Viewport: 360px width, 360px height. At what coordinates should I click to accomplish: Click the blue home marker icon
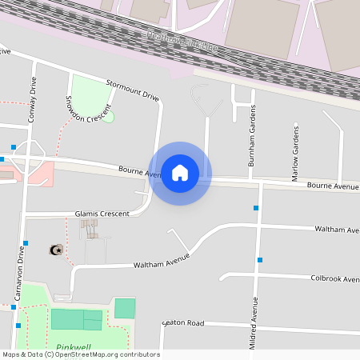click(180, 173)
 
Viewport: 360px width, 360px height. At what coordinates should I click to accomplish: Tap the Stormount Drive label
click(133, 90)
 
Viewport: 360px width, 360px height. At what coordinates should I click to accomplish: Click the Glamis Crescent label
click(102, 214)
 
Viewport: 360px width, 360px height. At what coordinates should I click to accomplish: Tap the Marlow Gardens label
click(295, 152)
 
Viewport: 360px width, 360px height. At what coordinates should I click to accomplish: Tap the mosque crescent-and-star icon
click(55, 250)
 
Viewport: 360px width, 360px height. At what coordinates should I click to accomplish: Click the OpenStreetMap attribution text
click(81, 354)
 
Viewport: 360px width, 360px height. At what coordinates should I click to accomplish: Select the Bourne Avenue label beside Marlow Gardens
click(333, 186)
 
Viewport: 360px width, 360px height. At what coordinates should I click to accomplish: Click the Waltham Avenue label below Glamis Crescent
click(162, 260)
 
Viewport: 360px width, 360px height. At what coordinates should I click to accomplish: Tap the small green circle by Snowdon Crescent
click(109, 117)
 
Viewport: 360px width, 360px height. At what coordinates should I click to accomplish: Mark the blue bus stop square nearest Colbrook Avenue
click(260, 259)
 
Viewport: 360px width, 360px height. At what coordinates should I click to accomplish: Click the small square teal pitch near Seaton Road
click(125, 308)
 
